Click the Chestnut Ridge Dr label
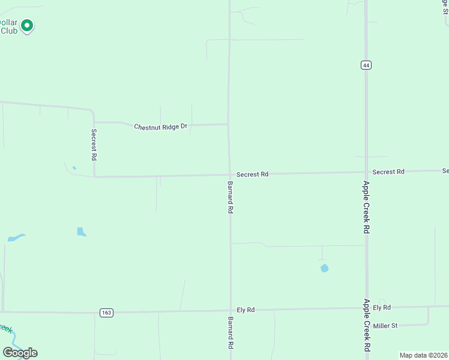(x=160, y=127)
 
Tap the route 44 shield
(x=366, y=65)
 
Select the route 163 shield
(x=106, y=313)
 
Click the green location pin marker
(x=26, y=26)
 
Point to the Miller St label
(x=385, y=326)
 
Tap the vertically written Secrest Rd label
(x=94, y=145)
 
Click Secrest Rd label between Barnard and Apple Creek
(x=252, y=174)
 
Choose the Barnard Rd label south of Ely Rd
(x=231, y=334)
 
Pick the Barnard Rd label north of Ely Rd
(x=231, y=197)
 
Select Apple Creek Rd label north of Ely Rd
(x=366, y=207)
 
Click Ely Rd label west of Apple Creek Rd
(x=246, y=310)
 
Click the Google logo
(x=20, y=353)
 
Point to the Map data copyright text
(x=424, y=355)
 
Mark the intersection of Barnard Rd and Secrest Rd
(x=229, y=175)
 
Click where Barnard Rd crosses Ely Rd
(x=231, y=311)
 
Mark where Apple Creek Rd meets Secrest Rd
(x=366, y=173)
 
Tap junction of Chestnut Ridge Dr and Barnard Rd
(x=228, y=124)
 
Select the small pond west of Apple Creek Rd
(x=324, y=268)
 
